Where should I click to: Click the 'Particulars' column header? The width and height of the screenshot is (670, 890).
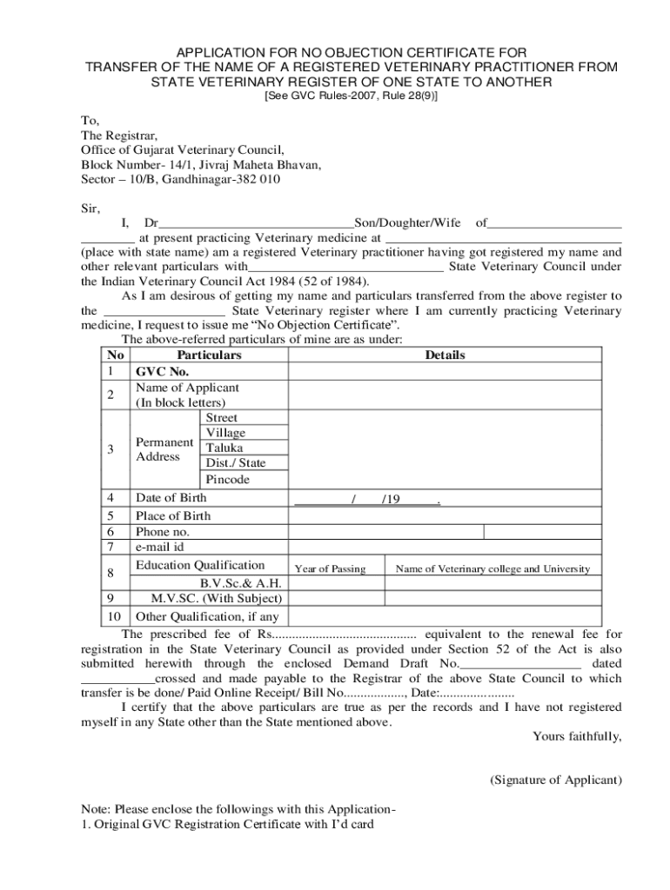[209, 355]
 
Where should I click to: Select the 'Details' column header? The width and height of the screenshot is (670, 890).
[445, 355]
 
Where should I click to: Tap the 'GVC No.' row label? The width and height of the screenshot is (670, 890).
[162, 372]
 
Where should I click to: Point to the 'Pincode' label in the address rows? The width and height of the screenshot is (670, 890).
[227, 480]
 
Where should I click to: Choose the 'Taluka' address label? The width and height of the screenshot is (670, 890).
[224, 448]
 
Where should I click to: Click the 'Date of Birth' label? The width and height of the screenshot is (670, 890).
[171, 498]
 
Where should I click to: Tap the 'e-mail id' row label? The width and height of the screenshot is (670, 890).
[159, 548]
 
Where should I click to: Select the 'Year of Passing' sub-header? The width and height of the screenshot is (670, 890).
[330, 569]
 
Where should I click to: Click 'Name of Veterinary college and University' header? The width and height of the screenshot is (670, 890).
[492, 569]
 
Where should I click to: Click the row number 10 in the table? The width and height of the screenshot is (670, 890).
[111, 617]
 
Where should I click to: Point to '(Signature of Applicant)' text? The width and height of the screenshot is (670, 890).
[555, 780]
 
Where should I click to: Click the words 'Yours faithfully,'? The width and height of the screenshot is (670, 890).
[577, 737]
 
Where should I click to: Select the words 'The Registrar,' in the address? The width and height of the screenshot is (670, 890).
[114, 136]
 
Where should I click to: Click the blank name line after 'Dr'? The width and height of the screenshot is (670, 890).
[257, 224]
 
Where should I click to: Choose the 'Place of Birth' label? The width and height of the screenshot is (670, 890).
[173, 515]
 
